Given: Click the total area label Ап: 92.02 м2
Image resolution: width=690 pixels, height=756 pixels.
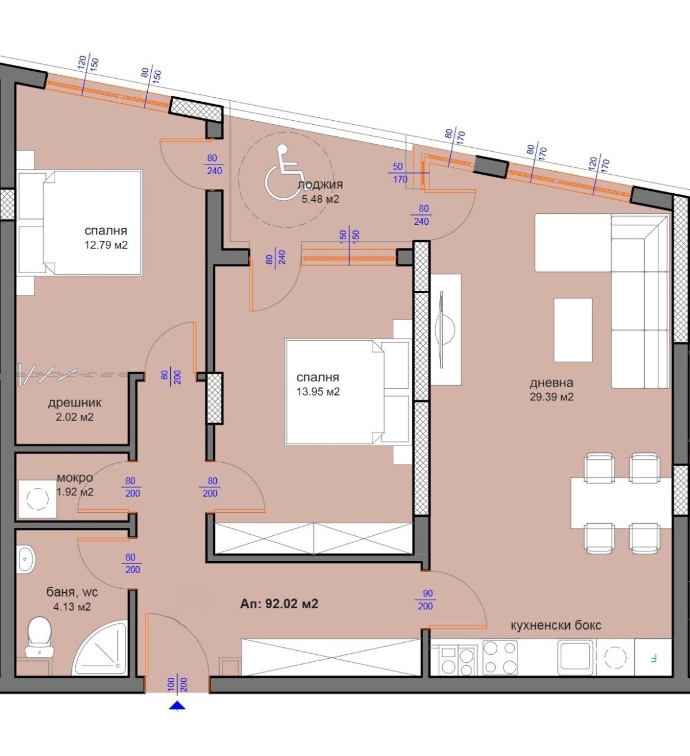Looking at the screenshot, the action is click(279, 604).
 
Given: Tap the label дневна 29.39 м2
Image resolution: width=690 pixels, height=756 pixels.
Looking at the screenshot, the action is click(551, 390).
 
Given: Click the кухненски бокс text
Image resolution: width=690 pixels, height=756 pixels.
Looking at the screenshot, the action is click(556, 625).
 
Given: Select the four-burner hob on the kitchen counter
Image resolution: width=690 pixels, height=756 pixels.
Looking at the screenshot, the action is click(500, 658).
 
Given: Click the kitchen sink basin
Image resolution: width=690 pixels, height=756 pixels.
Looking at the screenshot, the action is click(576, 656).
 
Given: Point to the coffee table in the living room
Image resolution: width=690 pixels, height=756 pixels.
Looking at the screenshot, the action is click(573, 330).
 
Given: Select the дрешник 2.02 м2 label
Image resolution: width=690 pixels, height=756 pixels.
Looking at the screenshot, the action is click(75, 410).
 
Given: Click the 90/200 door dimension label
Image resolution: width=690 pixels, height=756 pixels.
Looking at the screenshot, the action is click(426, 600).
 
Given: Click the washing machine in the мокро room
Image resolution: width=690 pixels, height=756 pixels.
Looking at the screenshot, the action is click(37, 498).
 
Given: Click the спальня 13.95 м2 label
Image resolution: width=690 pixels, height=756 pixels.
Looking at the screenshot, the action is click(318, 385).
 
